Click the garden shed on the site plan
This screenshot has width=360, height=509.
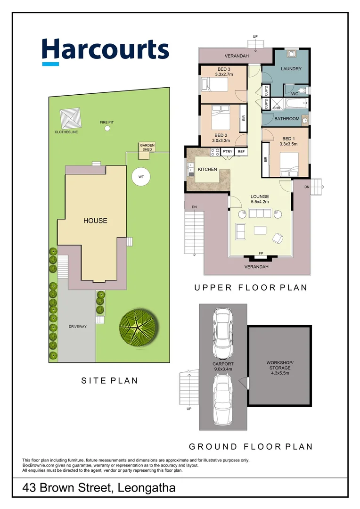coord(147,148)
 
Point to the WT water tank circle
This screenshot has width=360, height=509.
coord(140,177)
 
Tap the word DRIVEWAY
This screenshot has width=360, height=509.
coord(78,327)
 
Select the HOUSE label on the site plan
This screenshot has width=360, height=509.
coord(95,221)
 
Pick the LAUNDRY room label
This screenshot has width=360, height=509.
coord(291,69)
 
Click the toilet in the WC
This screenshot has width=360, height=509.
coord(303,89)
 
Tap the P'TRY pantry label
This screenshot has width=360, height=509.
coord(228,152)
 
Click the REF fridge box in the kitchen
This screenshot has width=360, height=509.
coord(241,152)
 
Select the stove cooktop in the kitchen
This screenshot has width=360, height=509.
coord(215,152)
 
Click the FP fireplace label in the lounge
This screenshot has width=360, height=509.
coord(261,254)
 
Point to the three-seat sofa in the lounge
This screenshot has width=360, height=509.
coord(260,214)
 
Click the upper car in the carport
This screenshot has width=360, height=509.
coord(222,334)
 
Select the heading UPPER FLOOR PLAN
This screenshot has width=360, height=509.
coord(251,287)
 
